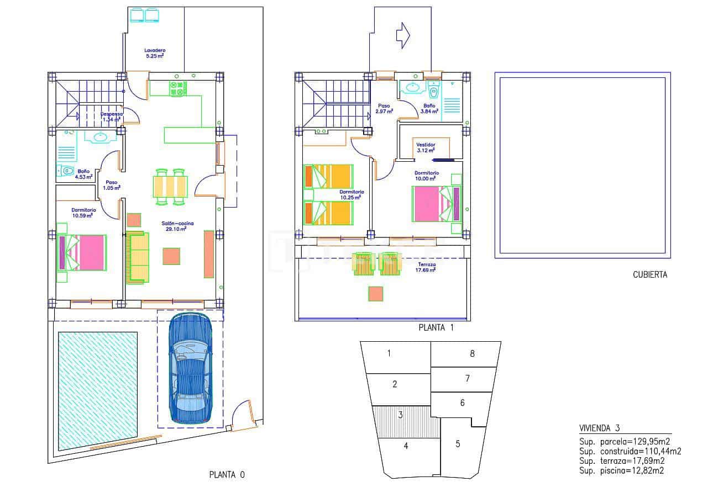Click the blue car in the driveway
tap(191, 368)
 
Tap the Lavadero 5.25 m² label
tap(155, 53)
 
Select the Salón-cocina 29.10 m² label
tap(174, 226)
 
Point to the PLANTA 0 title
tap(227, 474)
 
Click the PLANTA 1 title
tap(436, 327)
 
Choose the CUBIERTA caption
tap(649, 274)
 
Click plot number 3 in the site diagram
tap(400, 415)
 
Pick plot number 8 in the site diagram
tap(472, 353)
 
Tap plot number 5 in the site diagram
tap(458, 443)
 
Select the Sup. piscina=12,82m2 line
tap(621, 470)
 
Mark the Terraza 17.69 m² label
tap(427, 268)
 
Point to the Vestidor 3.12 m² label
tap(426, 147)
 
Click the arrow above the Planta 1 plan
tap(402, 35)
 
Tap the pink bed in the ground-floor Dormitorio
tap(85, 252)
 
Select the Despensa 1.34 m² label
tap(111, 117)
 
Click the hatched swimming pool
tap(97, 390)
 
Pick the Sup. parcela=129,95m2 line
tap(625, 441)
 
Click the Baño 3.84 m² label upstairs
tap(429, 108)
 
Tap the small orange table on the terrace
tap(376, 294)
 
